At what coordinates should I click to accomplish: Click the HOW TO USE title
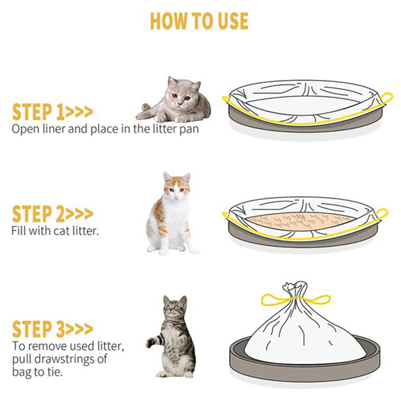click(199, 21)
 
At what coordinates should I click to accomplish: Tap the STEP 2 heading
click(52, 214)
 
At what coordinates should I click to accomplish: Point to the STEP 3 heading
click(52, 329)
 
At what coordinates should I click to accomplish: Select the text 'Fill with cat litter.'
click(55, 231)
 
